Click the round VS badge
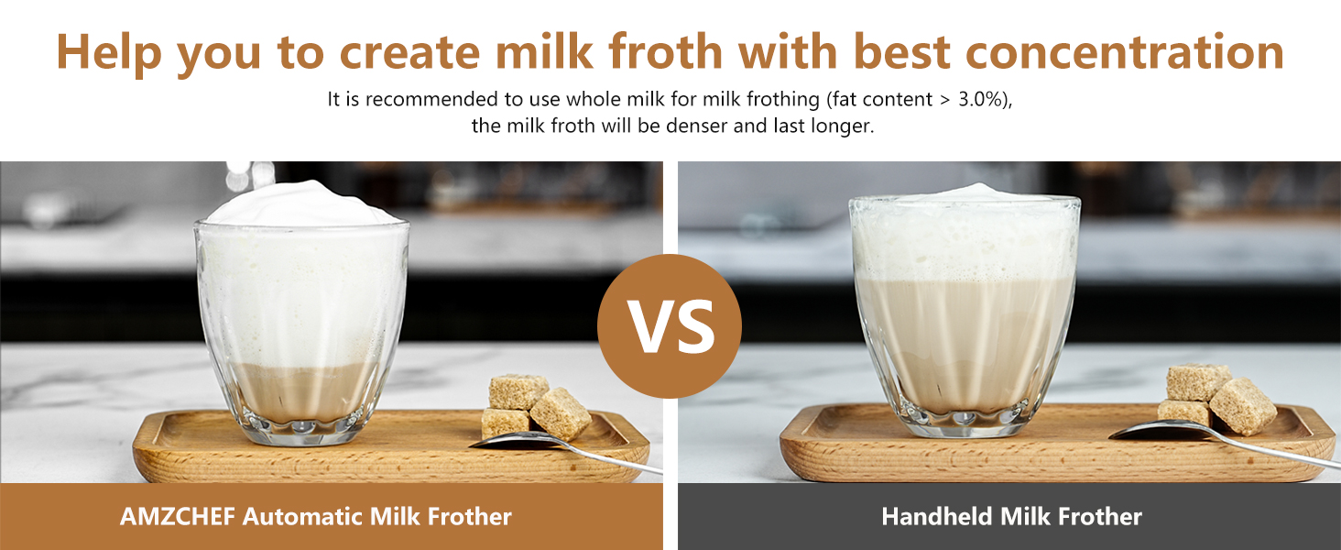pyautogui.click(x=670, y=326)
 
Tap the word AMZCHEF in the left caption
pyautogui.click(x=177, y=516)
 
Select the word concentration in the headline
pyautogui.click(x=1126, y=51)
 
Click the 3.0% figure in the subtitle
pyautogui.click(x=980, y=99)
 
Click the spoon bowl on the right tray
pyautogui.click(x=1159, y=430)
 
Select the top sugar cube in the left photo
pyautogui.click(x=518, y=391)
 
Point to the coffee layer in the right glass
pyautogui.click(x=964, y=345)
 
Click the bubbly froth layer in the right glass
pyautogui.click(x=964, y=239)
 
